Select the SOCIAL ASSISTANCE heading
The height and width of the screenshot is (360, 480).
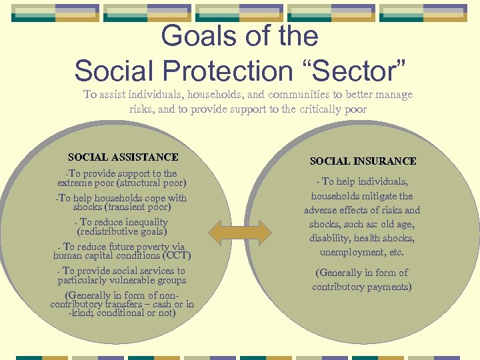point(123,157)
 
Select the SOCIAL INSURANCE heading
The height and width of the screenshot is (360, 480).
point(363,161)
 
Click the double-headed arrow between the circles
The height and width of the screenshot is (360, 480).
point(240,232)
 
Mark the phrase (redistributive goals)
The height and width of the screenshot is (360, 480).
point(122,231)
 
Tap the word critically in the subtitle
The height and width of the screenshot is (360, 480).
point(303,109)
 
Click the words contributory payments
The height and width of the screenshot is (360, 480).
point(362,287)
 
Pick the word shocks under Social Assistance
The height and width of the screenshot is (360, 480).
point(87,207)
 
